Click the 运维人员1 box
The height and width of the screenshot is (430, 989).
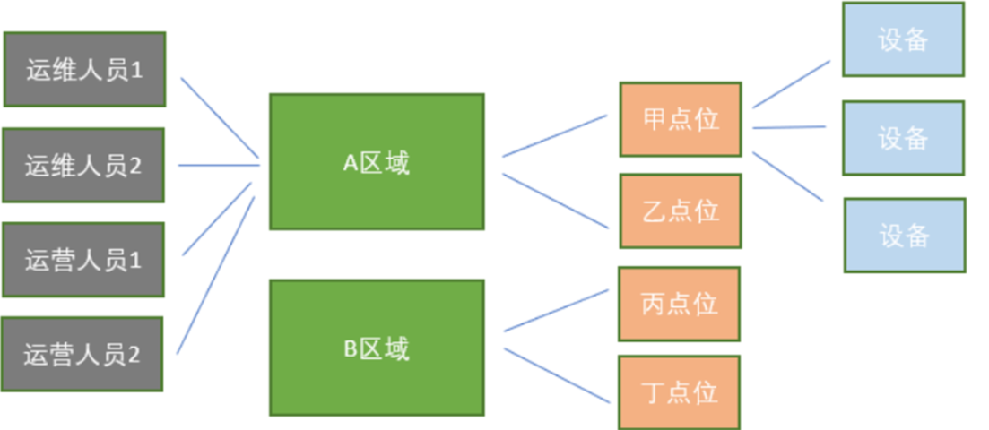[x=84, y=70]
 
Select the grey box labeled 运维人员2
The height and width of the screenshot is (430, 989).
[x=83, y=165]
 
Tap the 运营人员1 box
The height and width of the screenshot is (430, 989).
[x=83, y=259]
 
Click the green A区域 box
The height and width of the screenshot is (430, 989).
[x=377, y=161]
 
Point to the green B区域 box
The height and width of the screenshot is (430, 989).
[x=377, y=348]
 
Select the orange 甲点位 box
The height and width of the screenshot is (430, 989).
[x=681, y=119]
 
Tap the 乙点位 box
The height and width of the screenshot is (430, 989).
[x=681, y=211]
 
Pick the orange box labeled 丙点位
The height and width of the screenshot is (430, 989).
[x=680, y=303]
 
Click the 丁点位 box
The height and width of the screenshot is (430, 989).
[x=680, y=392]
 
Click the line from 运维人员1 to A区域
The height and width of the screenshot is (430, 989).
[x=219, y=118]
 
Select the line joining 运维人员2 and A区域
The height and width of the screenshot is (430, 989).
[x=220, y=165]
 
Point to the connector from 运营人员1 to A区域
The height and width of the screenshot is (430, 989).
[x=218, y=219]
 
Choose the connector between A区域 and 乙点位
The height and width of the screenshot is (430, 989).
[x=556, y=201]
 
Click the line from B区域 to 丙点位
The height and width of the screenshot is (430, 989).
[x=556, y=310]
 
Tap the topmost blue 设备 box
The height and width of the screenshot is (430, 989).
[x=903, y=39]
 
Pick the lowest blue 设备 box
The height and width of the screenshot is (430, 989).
[x=904, y=236]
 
